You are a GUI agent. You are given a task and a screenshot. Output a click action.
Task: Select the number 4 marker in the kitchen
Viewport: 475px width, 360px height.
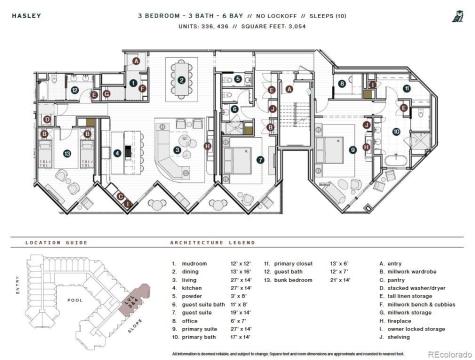(118, 153)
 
